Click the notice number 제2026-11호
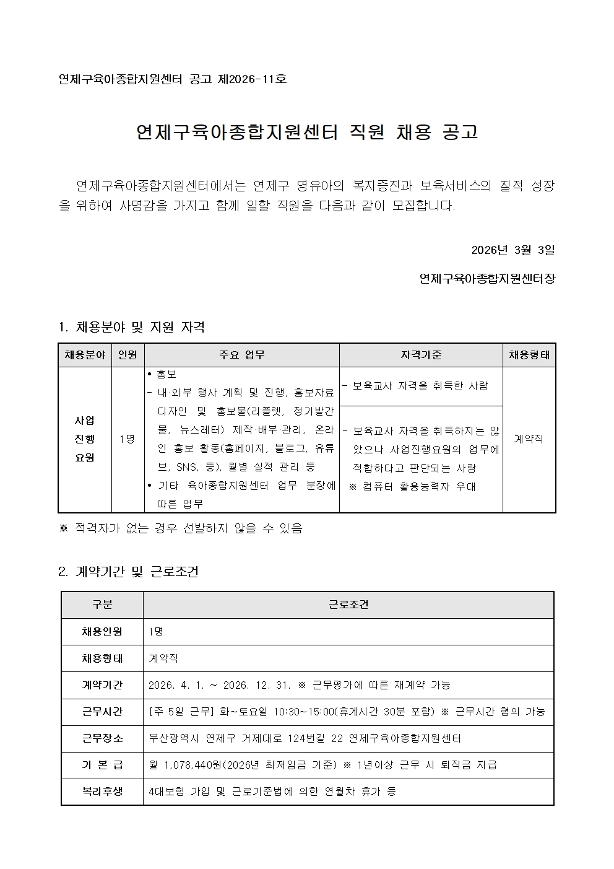tap(252, 79)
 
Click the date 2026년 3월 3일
tap(512, 250)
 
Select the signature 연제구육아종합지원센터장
tap(487, 279)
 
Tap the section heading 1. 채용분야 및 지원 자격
tap(131, 327)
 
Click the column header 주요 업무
tap(242, 355)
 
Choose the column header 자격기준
tap(421, 355)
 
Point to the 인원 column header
tap(128, 355)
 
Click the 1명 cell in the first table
tap(128, 439)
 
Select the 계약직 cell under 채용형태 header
tap(529, 439)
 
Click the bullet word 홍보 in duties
tap(167, 374)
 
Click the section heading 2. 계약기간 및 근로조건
tap(128, 572)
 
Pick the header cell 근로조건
tap(348, 605)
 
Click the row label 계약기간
tap(102, 685)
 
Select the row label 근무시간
tap(102, 712)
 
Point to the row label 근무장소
tap(102, 738)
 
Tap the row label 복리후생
tap(102, 792)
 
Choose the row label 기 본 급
tap(102, 765)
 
